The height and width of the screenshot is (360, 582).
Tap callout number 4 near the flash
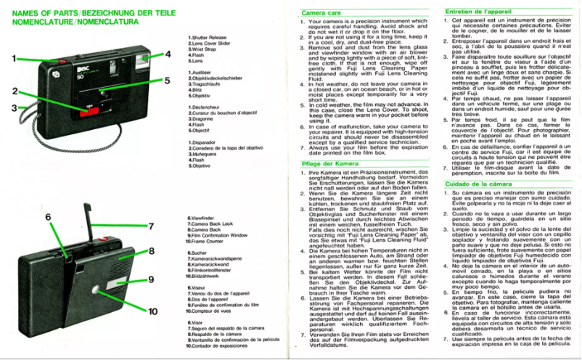pos(167,54)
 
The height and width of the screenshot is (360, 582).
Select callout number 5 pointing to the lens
pos(167,81)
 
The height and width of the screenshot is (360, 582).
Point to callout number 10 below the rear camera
pos(152,311)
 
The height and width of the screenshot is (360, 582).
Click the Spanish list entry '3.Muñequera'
pos(204,155)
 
